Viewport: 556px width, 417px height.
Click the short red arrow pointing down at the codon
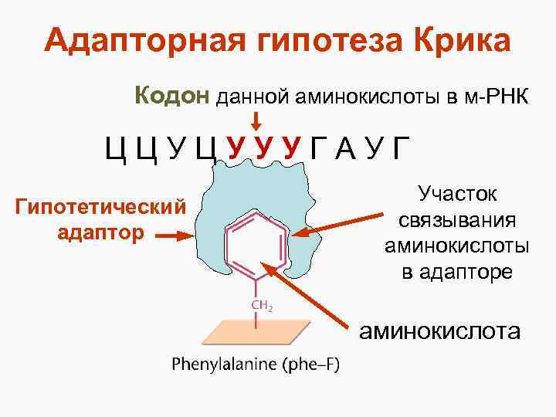tap(257, 120)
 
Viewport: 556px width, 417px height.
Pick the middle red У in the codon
tap(263, 147)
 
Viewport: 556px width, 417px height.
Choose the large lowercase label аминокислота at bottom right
tap(439, 331)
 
